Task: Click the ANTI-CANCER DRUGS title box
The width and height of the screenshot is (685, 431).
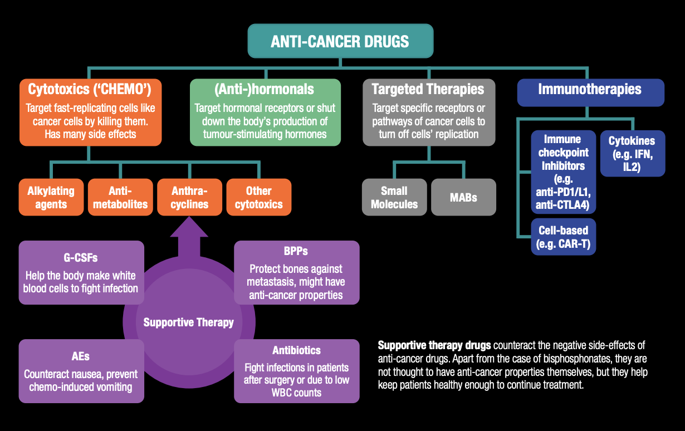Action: (340, 41)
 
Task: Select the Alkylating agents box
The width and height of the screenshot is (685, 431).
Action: (51, 197)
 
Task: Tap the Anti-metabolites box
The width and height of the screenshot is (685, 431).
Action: (120, 197)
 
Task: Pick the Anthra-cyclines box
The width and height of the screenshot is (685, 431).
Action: (189, 197)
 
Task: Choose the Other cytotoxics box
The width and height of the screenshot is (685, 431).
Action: (258, 197)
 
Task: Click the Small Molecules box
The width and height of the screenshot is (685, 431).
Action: (394, 197)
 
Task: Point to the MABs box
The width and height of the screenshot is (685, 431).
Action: (463, 197)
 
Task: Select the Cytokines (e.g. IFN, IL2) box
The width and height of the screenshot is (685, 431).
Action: (632, 153)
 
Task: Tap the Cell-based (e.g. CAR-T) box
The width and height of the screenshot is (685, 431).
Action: (563, 237)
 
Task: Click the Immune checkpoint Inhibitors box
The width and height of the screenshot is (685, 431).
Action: (563, 172)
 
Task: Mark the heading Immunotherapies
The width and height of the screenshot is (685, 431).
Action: (590, 89)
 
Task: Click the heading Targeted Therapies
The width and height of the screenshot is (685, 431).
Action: (428, 89)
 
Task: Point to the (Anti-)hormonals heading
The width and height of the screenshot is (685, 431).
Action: (265, 89)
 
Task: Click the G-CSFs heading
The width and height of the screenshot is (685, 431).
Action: (81, 258)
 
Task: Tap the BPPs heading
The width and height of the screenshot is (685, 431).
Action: (296, 251)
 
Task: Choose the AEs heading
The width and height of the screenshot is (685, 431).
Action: (81, 356)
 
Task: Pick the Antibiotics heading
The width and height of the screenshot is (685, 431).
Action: (296, 350)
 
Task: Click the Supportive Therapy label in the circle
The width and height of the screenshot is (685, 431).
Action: (189, 322)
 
